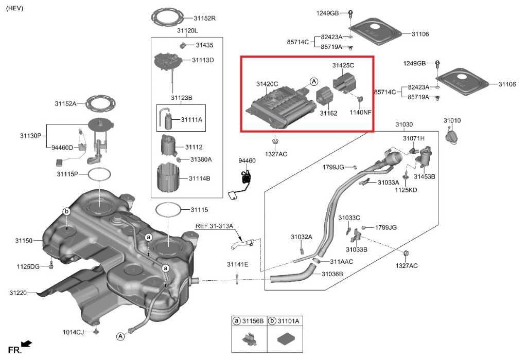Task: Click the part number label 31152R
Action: (204, 19)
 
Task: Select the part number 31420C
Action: (267, 84)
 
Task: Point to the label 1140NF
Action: (360, 112)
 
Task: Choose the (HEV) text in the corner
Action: (14, 9)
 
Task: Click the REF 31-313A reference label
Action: (214, 226)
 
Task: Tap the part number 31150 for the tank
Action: (24, 241)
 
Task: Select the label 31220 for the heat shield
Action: (17, 293)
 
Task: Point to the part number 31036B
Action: (332, 274)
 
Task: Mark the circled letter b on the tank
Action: (66, 211)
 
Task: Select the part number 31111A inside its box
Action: (191, 120)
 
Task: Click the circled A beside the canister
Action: (314, 81)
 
